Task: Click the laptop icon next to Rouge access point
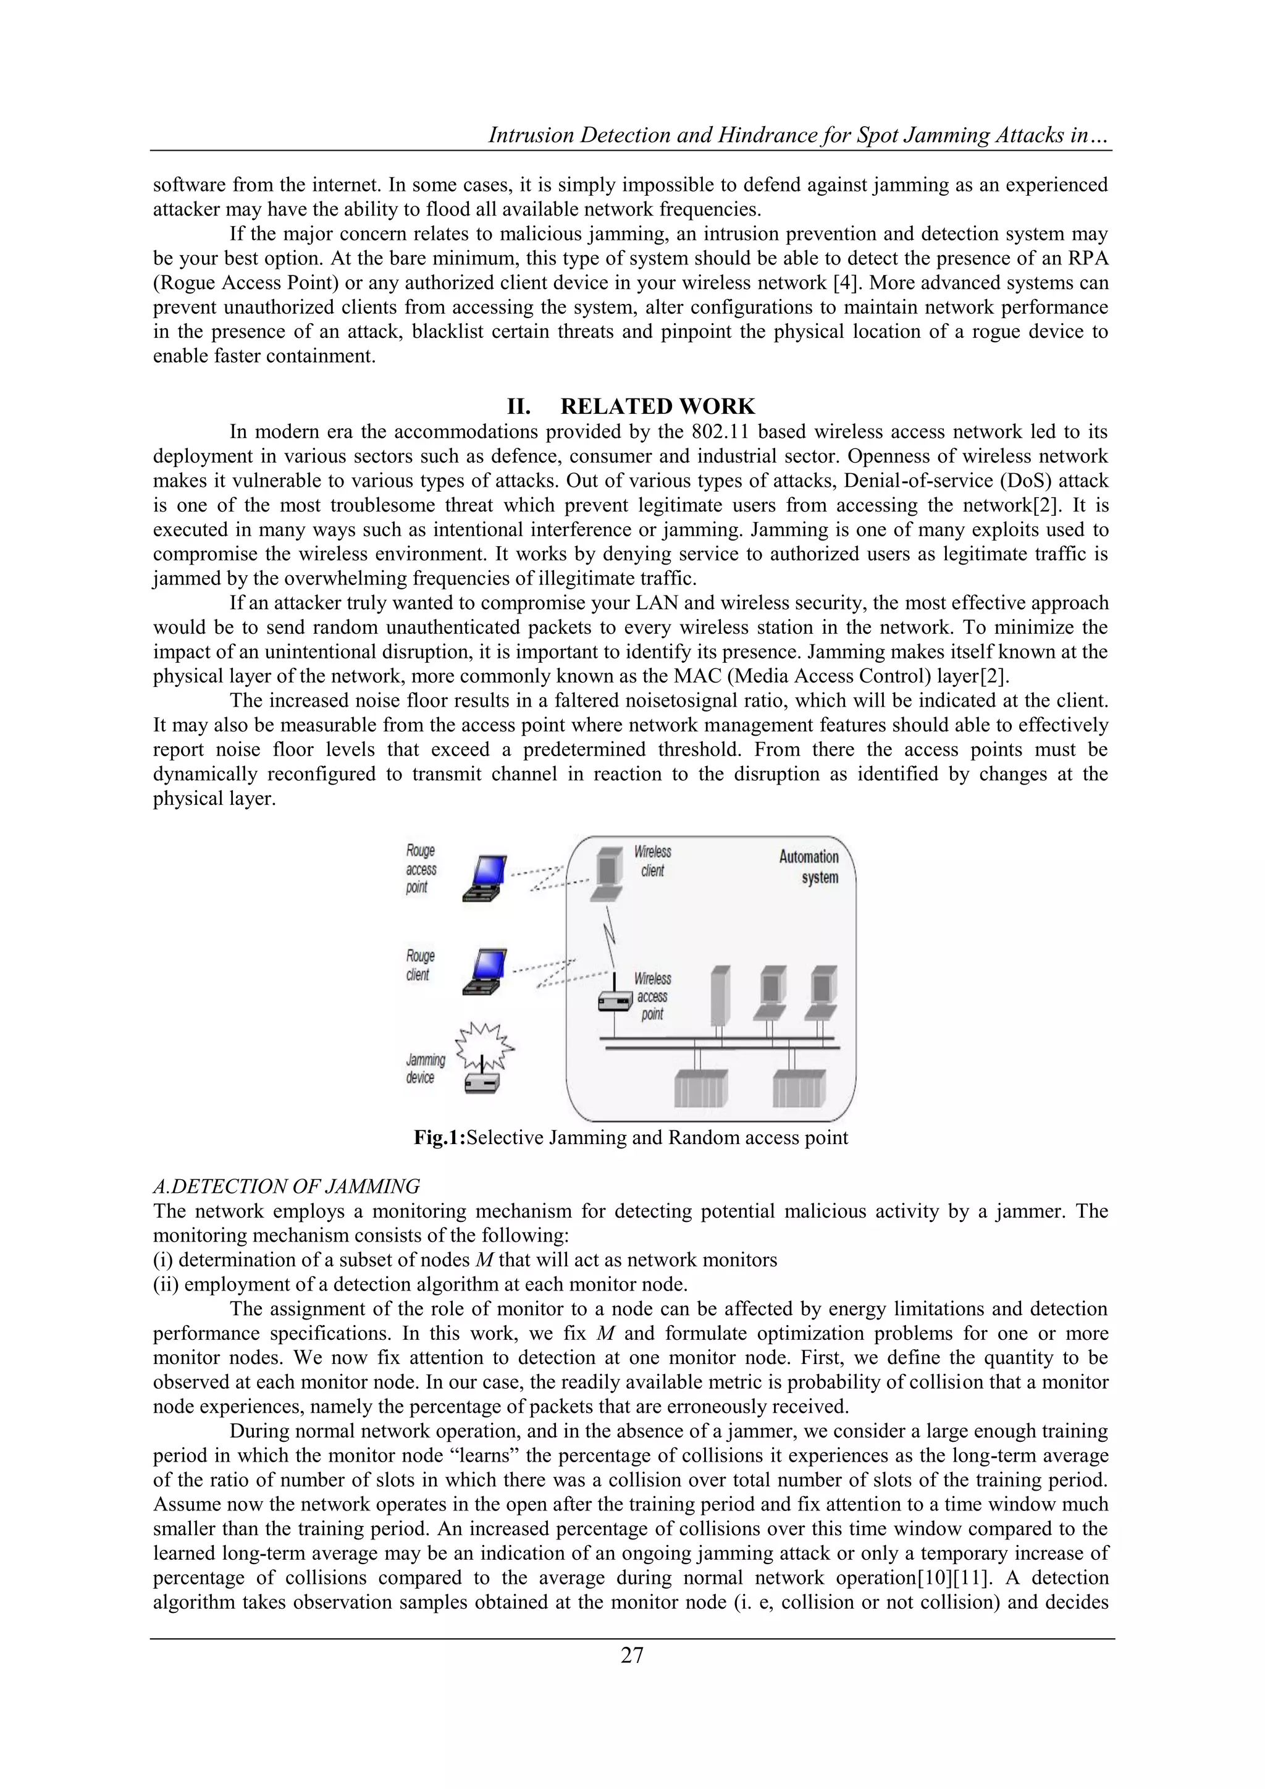pyautogui.click(x=486, y=879)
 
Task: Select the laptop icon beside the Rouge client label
pyautogui.click(x=486, y=971)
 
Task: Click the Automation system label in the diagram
pyautogui.click(x=809, y=867)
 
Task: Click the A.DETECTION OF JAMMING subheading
pyautogui.click(x=286, y=1186)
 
